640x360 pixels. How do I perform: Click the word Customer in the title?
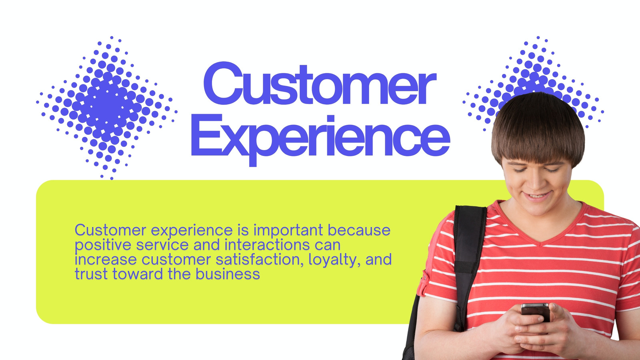[320, 84]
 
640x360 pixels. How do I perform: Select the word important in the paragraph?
[288, 231]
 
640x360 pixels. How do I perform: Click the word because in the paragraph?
[359, 230]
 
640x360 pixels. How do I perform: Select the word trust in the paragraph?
[91, 274]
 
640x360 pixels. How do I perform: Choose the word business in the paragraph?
[228, 274]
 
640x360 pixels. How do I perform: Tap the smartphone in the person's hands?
[536, 313]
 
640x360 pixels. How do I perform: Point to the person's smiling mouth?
[538, 196]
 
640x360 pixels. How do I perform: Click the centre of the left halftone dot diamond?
[106, 108]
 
